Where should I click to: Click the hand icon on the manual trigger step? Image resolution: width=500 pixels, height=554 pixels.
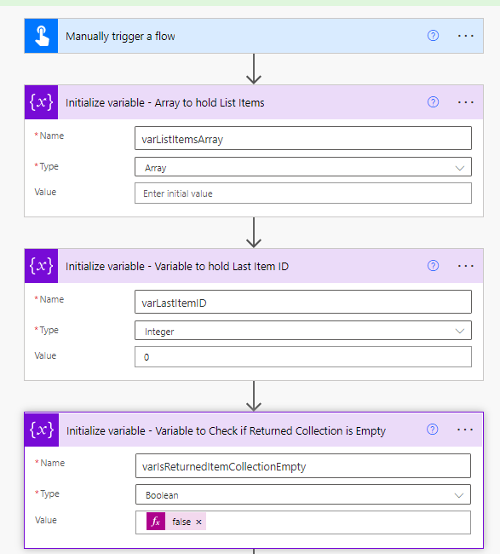(x=42, y=36)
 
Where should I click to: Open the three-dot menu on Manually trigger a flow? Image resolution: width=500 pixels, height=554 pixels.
(x=465, y=36)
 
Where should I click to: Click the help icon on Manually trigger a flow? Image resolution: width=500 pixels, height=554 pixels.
(x=433, y=36)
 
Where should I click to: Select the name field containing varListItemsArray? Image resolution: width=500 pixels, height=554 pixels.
(x=303, y=138)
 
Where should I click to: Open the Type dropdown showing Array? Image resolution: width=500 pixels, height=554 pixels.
(x=303, y=167)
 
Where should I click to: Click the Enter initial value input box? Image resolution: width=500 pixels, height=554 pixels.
(x=303, y=193)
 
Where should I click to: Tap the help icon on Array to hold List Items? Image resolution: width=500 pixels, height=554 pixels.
(x=433, y=102)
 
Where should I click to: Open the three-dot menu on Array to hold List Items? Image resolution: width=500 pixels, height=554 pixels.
(x=465, y=102)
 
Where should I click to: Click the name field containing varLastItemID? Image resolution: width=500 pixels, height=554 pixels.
(x=303, y=302)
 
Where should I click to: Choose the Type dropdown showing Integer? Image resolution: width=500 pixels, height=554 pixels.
(x=303, y=331)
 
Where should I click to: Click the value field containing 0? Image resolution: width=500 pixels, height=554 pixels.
(x=303, y=356)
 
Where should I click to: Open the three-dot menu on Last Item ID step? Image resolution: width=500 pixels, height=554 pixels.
(x=465, y=266)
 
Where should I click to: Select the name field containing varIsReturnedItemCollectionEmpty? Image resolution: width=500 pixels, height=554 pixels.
(x=303, y=465)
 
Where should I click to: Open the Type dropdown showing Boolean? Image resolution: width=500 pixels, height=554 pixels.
(x=303, y=494)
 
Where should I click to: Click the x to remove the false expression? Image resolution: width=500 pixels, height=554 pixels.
(x=198, y=522)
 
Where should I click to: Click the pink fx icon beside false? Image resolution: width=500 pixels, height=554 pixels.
(x=156, y=522)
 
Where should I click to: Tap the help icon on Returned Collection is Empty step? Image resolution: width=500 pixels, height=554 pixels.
(x=432, y=430)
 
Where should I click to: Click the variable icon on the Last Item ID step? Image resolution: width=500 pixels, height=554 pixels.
(x=42, y=266)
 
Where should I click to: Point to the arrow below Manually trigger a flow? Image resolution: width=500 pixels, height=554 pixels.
(x=254, y=69)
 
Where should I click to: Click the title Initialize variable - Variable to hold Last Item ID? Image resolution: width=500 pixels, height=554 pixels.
(x=177, y=267)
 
